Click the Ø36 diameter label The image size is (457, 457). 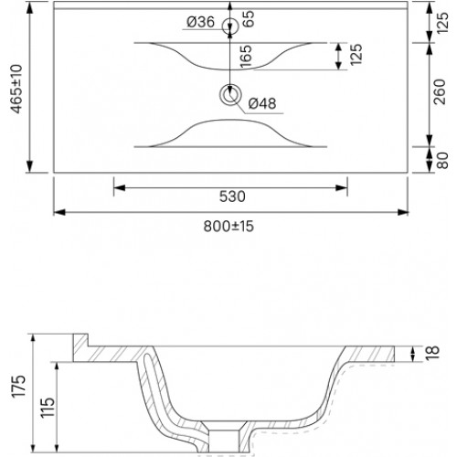click(x=201, y=22)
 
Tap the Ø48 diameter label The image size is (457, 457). click(x=262, y=103)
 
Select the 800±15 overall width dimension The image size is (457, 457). click(x=228, y=227)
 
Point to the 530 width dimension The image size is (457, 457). click(x=232, y=197)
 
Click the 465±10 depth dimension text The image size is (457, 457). click(x=16, y=89)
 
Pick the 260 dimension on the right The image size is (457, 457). click(x=440, y=91)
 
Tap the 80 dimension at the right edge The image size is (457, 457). click(x=442, y=160)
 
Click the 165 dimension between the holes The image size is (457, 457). click(x=246, y=57)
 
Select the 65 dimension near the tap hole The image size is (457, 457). click(x=249, y=19)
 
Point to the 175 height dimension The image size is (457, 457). click(x=19, y=386)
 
